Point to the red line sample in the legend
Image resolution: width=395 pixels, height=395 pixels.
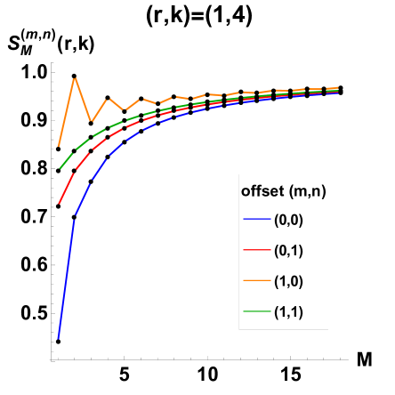pyautogui.click(x=256, y=251)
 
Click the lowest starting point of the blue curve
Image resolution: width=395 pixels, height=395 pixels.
pyautogui.click(x=58, y=339)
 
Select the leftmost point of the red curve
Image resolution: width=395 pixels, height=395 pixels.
pyautogui.click(x=59, y=204)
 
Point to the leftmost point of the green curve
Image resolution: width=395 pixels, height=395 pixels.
pyautogui.click(x=59, y=169)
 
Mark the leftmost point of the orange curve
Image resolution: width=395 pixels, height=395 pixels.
pyautogui.click(x=59, y=146)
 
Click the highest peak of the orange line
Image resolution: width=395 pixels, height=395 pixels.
pyautogui.click(x=75, y=77)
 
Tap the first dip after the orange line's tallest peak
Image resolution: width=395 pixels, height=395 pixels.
pyautogui.click(x=91, y=122)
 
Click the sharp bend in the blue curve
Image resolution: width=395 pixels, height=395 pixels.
pyautogui.click(x=75, y=217)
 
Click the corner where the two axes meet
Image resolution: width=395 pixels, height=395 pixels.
pyautogui.click(x=52, y=359)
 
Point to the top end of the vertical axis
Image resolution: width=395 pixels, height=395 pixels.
pyautogui.click(x=52, y=62)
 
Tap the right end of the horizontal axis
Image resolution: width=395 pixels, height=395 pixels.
pyautogui.click(x=348, y=359)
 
